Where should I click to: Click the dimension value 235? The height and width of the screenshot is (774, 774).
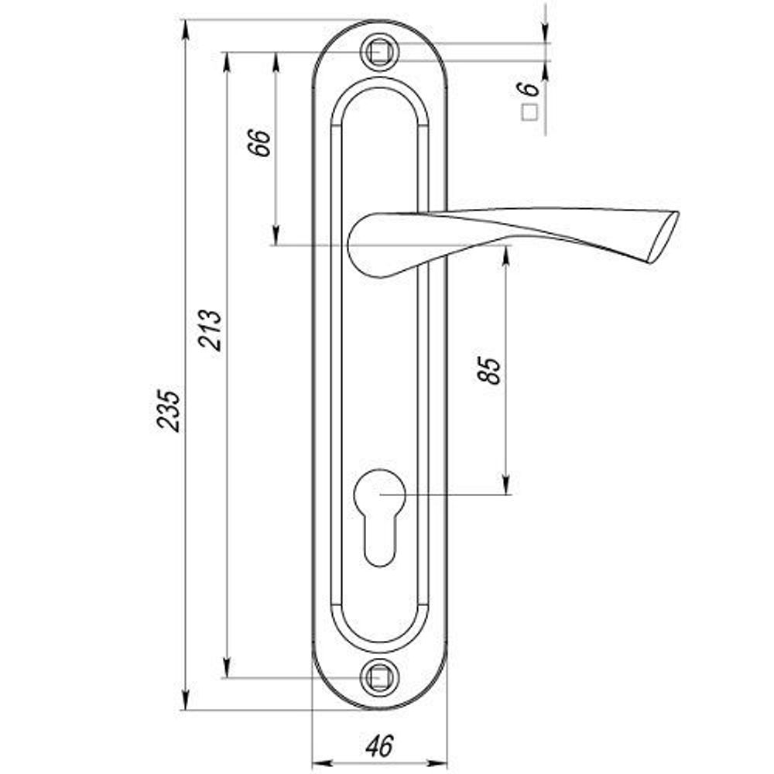tap(169, 411)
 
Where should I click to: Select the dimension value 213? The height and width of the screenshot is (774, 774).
tap(210, 330)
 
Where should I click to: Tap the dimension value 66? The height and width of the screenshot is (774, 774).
tap(259, 142)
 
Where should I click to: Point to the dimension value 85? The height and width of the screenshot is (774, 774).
tap(488, 370)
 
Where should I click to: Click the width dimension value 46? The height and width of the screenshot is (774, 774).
tap(379, 745)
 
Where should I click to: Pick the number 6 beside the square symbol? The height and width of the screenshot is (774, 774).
tap(528, 88)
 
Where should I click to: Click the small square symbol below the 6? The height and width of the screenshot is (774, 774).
tap(529, 114)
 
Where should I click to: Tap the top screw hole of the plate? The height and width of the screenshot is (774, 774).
tap(379, 52)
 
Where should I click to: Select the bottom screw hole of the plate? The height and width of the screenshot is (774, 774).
tap(379, 677)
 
